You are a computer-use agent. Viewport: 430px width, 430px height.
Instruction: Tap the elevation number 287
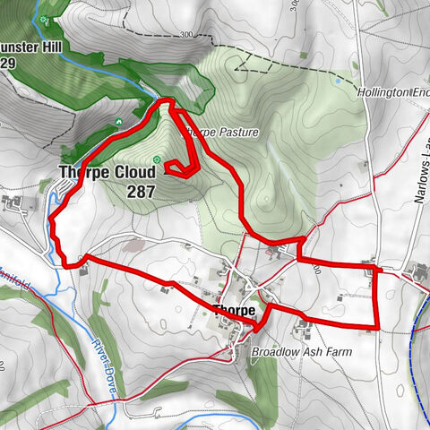click(142, 191)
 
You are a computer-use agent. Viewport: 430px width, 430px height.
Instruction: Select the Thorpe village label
click(234, 311)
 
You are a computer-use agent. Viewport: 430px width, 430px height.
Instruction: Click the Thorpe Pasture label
click(221, 133)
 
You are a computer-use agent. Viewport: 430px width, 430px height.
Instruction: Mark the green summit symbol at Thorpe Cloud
click(157, 159)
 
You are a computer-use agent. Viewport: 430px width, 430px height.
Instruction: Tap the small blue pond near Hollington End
click(338, 81)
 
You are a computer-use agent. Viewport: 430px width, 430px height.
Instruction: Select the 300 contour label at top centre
click(185, 36)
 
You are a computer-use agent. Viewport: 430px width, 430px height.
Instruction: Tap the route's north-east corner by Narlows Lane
click(375, 268)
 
